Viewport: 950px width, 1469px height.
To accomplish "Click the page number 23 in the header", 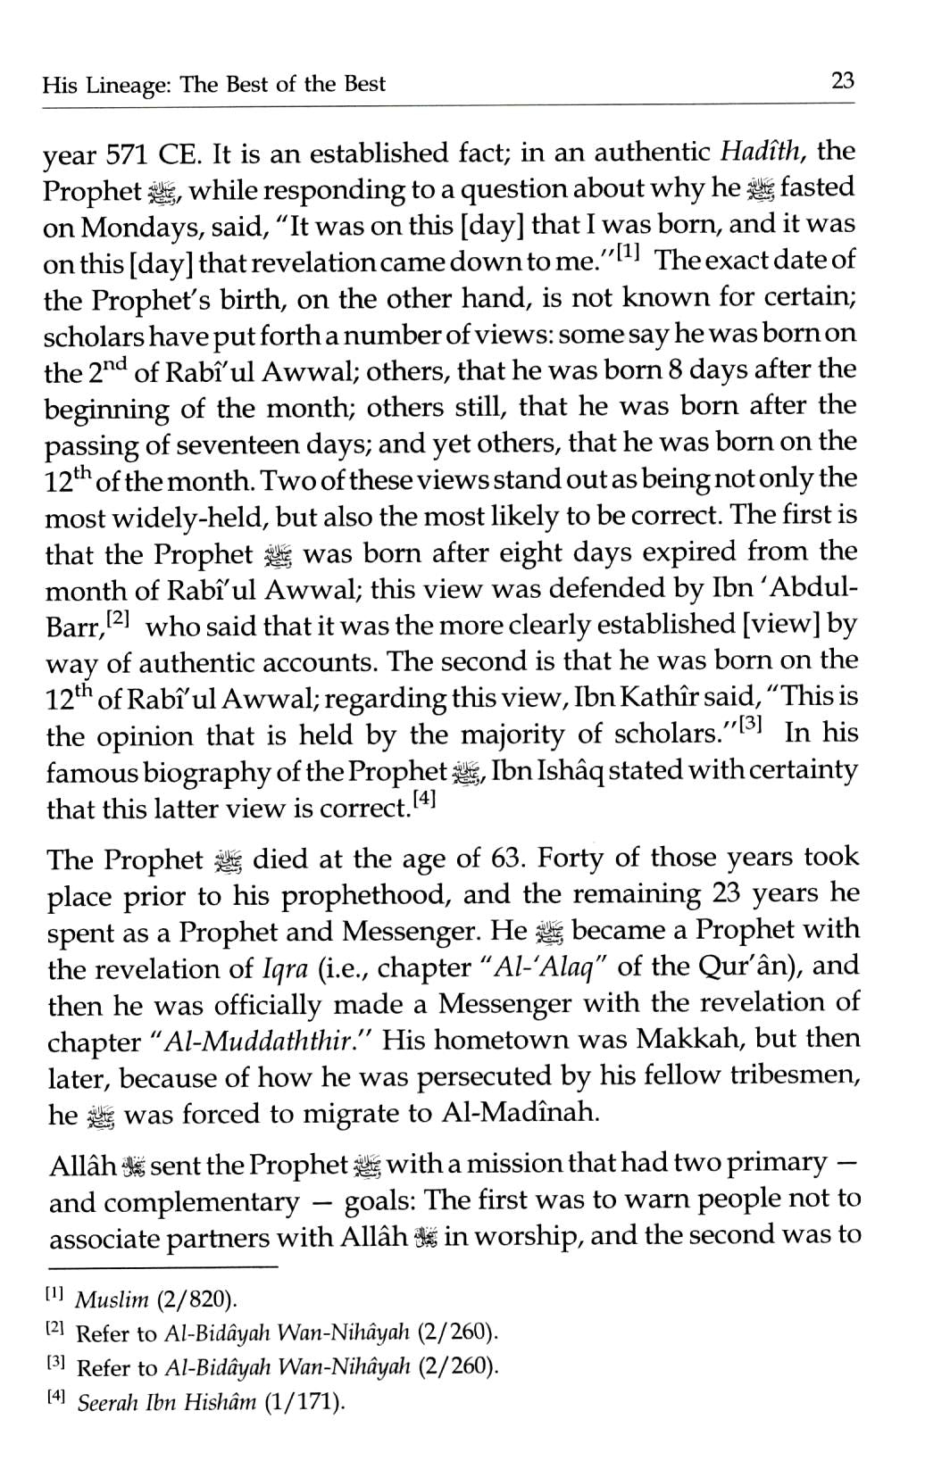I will tap(843, 82).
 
